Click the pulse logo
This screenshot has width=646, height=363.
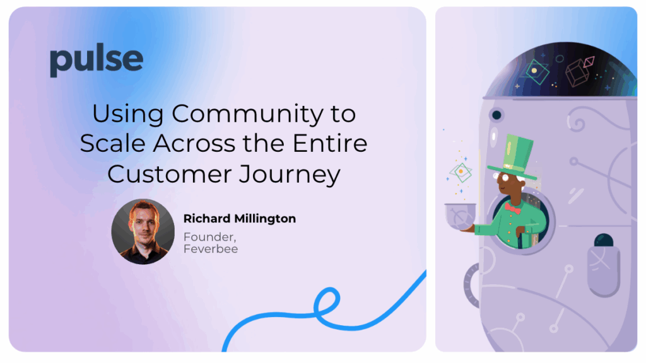pyautogui.click(x=97, y=60)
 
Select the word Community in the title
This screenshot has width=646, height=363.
pyautogui.click(x=247, y=114)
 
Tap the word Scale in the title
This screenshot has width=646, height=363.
pyautogui.click(x=112, y=143)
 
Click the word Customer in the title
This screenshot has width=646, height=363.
pyautogui.click(x=170, y=174)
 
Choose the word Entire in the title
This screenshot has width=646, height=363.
pyautogui.click(x=329, y=143)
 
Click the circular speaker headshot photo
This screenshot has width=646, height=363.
pyautogui.click(x=143, y=232)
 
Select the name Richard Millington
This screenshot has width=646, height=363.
pyautogui.click(x=239, y=218)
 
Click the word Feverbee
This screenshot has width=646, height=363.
pyautogui.click(x=211, y=249)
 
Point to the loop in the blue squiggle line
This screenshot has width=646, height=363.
pyautogui.click(x=327, y=304)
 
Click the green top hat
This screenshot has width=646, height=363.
pyautogui.click(x=513, y=156)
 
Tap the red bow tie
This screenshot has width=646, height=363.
pyautogui.click(x=512, y=208)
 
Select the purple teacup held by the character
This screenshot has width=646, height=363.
pyautogui.click(x=460, y=216)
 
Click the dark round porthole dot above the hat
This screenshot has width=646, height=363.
pyautogui.click(x=497, y=115)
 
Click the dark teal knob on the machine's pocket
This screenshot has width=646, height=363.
pyautogui.click(x=604, y=240)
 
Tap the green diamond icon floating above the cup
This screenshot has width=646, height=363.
pyautogui.click(x=461, y=173)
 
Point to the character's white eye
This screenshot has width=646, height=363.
pyautogui.click(x=505, y=178)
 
